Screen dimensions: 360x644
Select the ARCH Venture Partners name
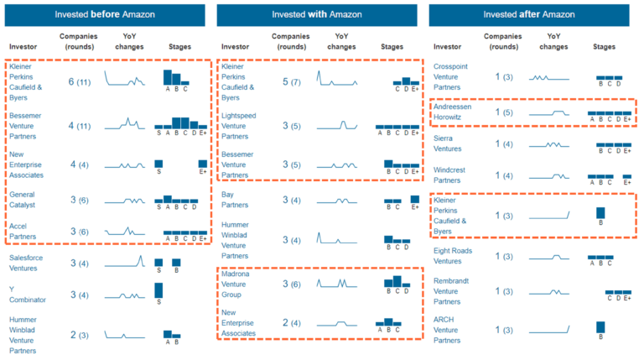(454, 330)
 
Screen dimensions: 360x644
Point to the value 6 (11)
(81, 81)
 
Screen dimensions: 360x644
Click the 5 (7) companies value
(293, 81)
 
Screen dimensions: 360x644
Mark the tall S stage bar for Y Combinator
(158, 290)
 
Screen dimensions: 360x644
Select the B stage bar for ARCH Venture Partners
(600, 327)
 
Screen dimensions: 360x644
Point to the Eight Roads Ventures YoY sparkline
(549, 258)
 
